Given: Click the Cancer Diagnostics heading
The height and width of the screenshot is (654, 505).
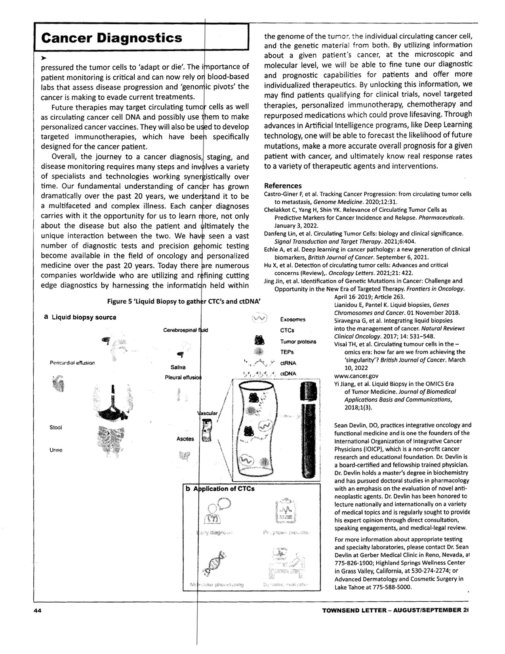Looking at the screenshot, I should [112, 38].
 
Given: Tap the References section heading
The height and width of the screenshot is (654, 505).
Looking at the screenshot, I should [282, 185].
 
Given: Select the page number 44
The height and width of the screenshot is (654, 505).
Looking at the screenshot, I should [38, 610].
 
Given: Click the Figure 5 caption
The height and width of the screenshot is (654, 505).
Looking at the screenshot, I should [184, 301].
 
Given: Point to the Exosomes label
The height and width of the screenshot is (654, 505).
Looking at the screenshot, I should [292, 319].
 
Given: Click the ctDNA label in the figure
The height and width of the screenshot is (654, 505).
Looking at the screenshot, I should [288, 373].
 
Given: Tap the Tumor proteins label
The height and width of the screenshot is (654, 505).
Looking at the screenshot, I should [298, 341].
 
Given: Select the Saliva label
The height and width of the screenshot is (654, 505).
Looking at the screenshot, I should [172, 367].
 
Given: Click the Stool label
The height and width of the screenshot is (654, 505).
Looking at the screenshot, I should [55, 428].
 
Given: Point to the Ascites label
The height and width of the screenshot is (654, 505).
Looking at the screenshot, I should [185, 439].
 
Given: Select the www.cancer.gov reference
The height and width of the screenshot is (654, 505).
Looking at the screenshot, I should [356, 376].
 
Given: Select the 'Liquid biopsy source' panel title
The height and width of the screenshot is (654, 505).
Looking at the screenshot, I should [84, 317].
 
